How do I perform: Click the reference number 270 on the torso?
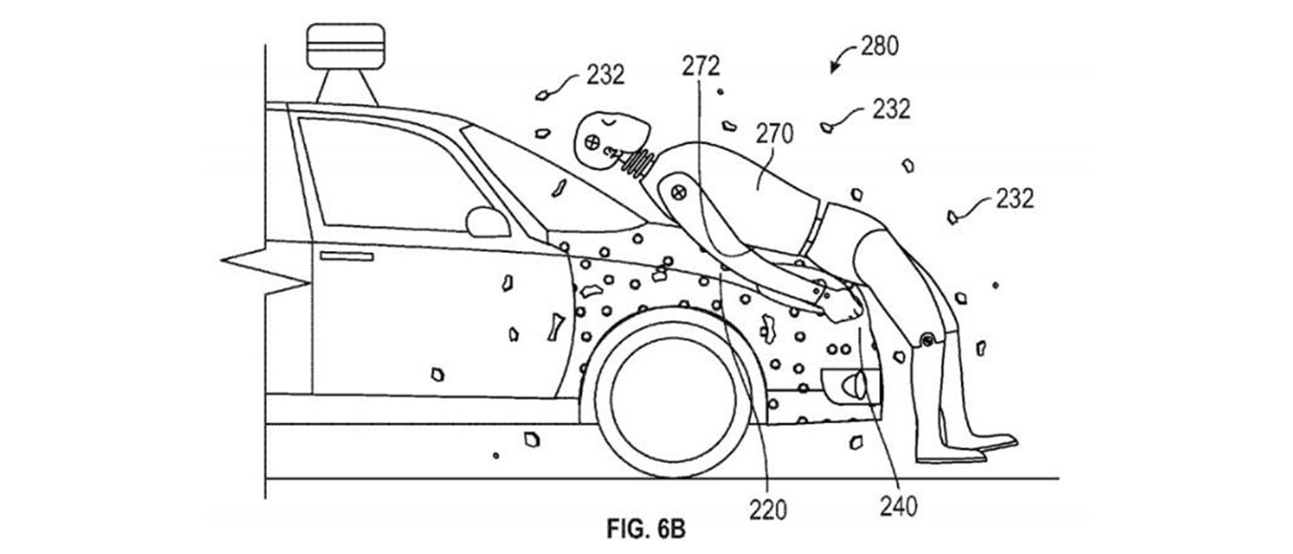tap(774, 136)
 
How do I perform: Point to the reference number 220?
tap(768, 507)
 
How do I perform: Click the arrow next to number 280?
tap(841, 60)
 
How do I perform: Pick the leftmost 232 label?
tap(604, 75)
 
